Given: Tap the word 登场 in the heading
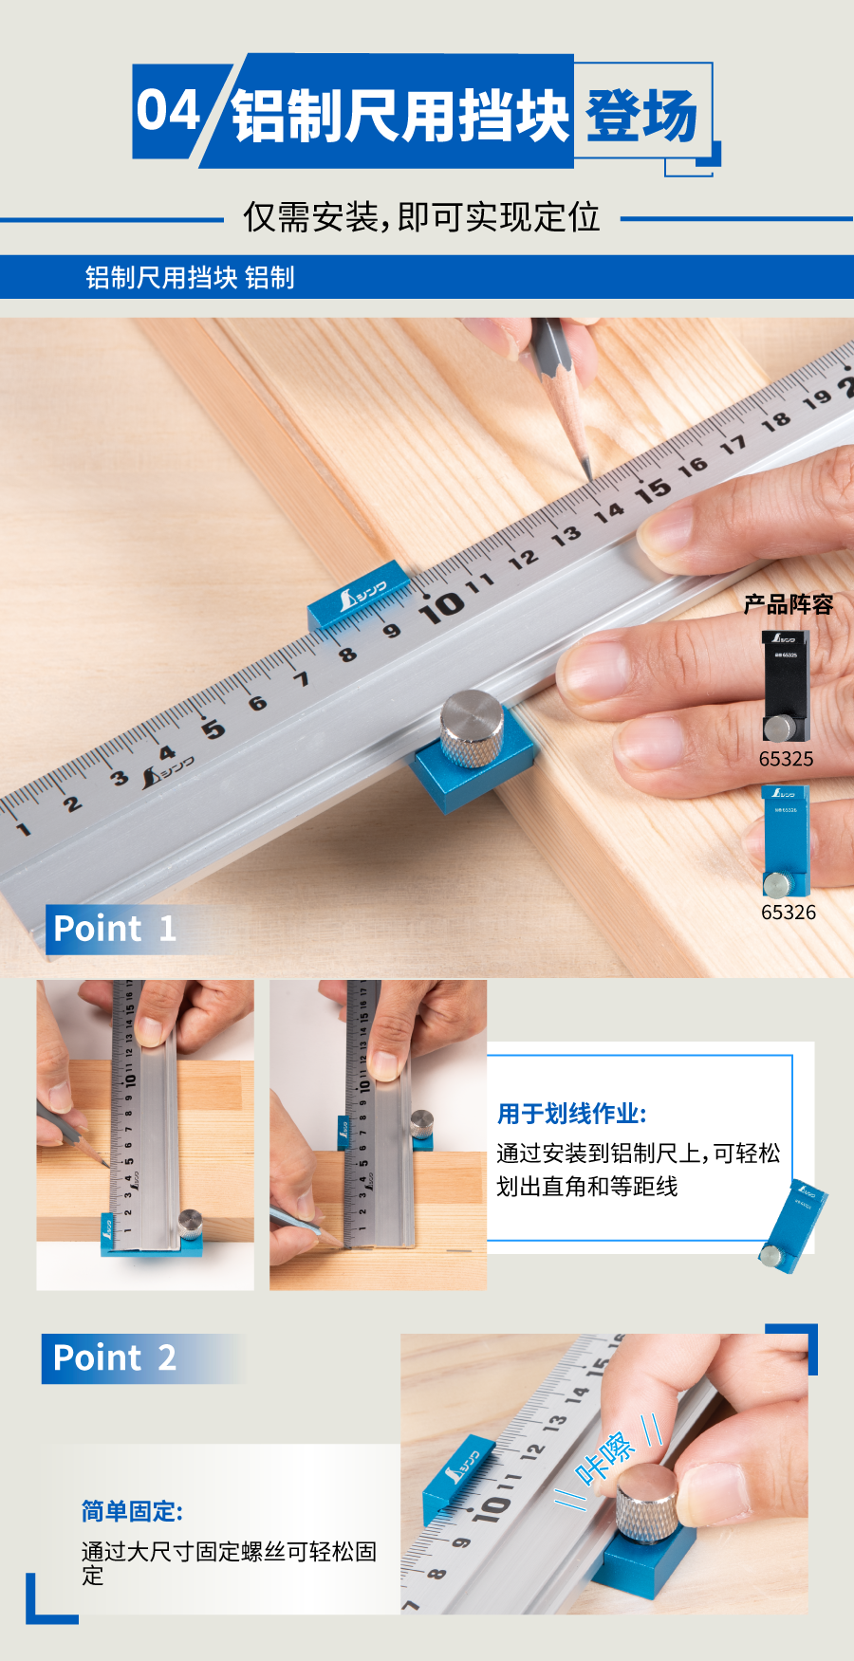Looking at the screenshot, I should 641,116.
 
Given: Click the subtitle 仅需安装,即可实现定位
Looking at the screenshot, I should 421,217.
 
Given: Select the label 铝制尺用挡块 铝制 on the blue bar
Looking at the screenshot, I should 190,277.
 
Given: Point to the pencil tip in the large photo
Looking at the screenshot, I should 588,473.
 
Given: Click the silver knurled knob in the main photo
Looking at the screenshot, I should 473,728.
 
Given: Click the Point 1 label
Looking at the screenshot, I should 115,929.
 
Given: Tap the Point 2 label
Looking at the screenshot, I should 115,1357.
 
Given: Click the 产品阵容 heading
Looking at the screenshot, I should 788,604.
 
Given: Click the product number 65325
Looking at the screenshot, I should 786,759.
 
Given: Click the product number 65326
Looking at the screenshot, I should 788,913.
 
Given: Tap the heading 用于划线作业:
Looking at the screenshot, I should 571,1114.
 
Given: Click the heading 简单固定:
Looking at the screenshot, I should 132,1510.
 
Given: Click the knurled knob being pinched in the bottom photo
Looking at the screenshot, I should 647,1503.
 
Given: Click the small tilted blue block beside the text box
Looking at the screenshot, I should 793,1225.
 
